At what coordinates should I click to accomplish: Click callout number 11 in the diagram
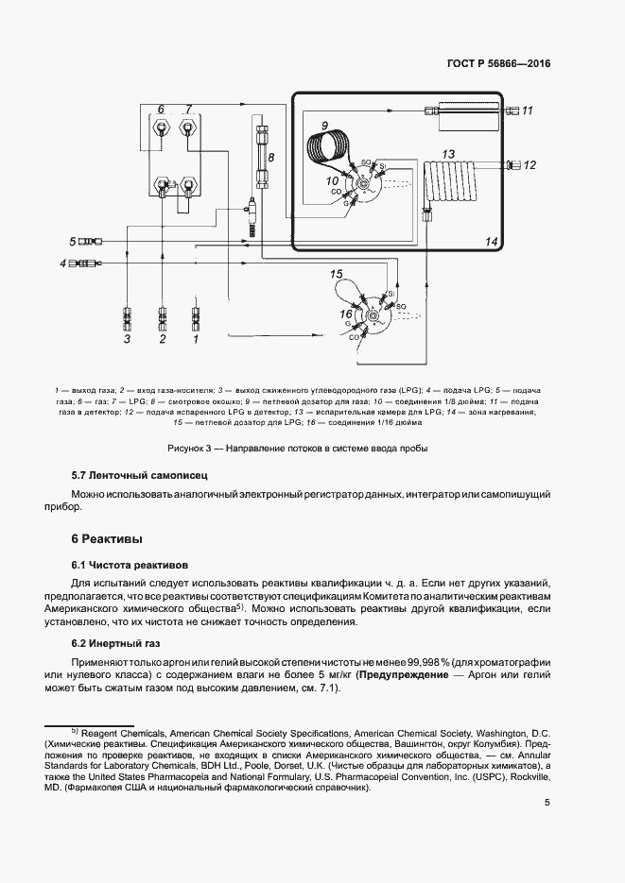528,111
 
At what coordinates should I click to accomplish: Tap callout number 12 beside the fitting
529,165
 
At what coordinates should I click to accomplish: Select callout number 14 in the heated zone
491,242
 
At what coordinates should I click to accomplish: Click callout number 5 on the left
72,242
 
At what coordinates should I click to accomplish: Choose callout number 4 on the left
63,263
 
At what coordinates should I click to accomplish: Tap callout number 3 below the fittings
127,337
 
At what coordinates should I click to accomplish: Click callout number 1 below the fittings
196,337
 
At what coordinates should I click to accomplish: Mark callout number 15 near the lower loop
336,274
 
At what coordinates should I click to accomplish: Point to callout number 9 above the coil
323,126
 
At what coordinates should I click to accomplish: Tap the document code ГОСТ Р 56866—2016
497,64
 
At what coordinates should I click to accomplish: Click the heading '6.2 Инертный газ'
118,643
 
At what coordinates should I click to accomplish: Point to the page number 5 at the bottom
547,804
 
